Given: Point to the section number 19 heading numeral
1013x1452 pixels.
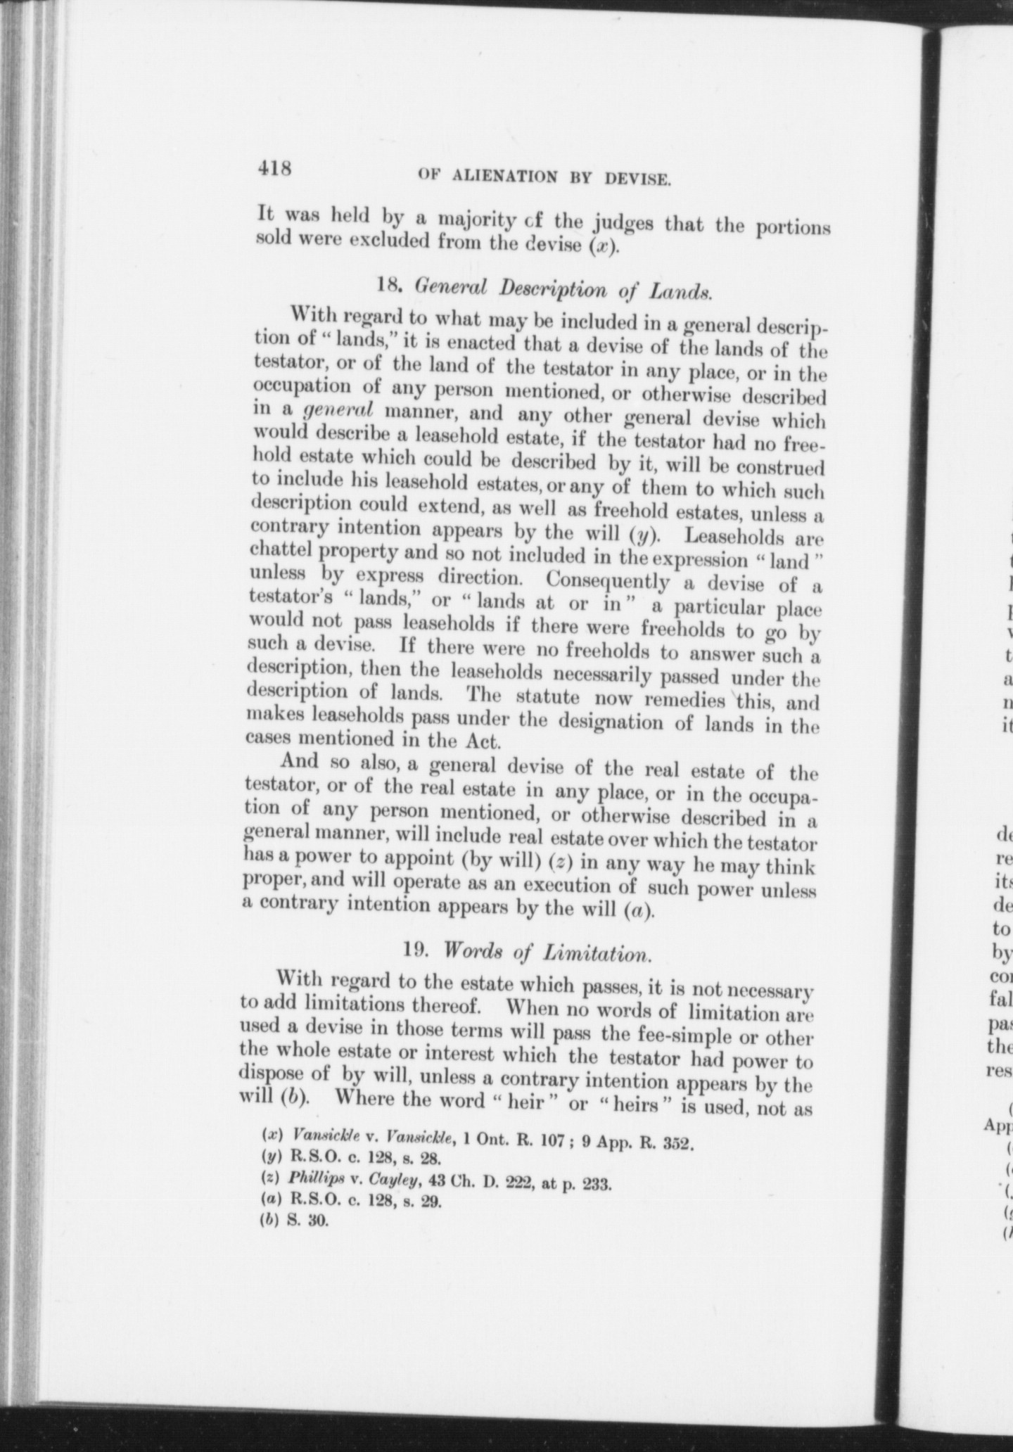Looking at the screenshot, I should [414, 949].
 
